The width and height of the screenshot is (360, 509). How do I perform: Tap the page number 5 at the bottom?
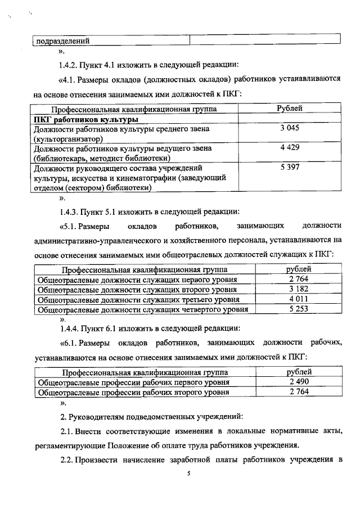pos(190,475)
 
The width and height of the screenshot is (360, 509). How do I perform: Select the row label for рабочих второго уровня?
pos(133,392)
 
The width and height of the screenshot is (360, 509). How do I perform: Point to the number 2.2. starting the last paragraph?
pos(69,460)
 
